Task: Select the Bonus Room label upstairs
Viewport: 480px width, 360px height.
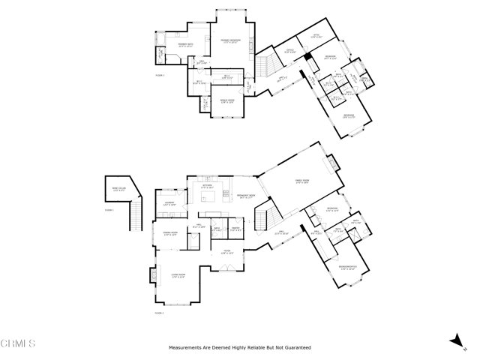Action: pyautogui.click(x=226, y=100)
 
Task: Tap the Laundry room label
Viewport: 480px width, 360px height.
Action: pyautogui.click(x=169, y=203)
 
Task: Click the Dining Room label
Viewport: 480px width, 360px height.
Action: pyautogui.click(x=169, y=235)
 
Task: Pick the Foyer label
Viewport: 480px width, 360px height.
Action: pyautogui.click(x=227, y=252)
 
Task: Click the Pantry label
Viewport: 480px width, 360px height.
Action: pyautogui.click(x=235, y=229)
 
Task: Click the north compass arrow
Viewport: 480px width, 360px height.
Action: pyautogui.click(x=457, y=340)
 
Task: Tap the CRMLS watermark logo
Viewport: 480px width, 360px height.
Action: pyautogui.click(x=19, y=344)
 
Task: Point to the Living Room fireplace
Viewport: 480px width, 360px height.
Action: pyautogui.click(x=155, y=275)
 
